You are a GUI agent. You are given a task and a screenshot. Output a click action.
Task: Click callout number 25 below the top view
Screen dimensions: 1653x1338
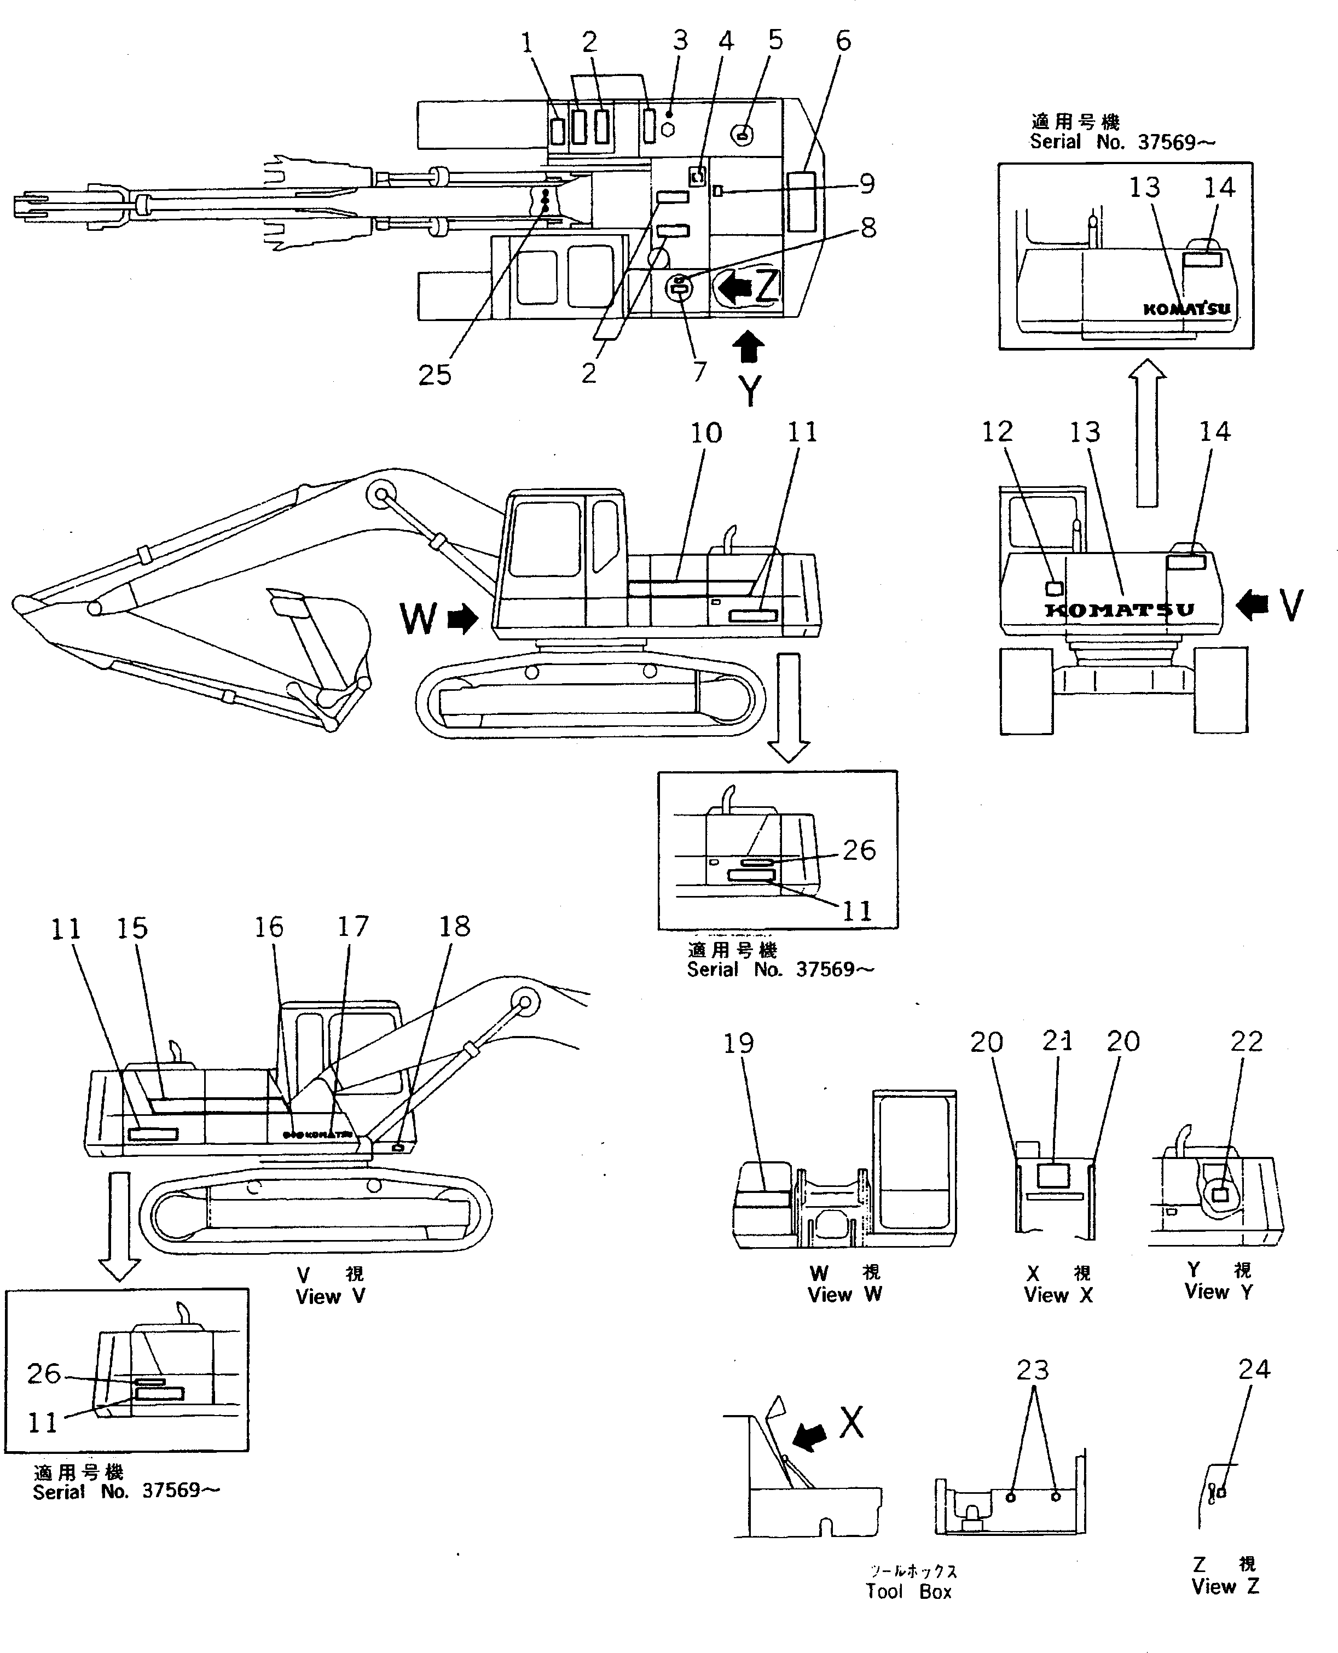click(x=434, y=375)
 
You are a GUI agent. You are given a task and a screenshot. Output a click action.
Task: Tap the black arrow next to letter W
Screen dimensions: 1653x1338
click(x=462, y=619)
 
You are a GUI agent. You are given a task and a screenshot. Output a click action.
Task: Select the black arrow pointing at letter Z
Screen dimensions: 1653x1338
click(x=734, y=287)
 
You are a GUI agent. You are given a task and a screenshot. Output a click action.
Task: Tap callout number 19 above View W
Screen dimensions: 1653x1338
click(x=738, y=1043)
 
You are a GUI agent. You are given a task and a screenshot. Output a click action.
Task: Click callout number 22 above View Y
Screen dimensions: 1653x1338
click(x=1246, y=1041)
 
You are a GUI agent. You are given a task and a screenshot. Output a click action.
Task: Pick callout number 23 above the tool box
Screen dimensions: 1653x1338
click(x=1032, y=1370)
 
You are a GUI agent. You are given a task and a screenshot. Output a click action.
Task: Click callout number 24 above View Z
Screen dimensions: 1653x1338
click(x=1254, y=1369)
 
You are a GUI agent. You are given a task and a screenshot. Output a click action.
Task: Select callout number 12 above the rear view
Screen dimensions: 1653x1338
click(x=997, y=432)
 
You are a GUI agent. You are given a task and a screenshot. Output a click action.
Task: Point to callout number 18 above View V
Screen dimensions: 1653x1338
click(x=454, y=927)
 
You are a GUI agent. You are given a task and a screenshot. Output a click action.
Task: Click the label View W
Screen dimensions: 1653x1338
click(x=845, y=1295)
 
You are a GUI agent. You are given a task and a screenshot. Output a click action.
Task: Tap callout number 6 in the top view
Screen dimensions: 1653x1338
click(x=843, y=41)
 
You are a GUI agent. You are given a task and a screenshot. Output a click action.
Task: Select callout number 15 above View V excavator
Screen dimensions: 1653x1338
click(x=132, y=928)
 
